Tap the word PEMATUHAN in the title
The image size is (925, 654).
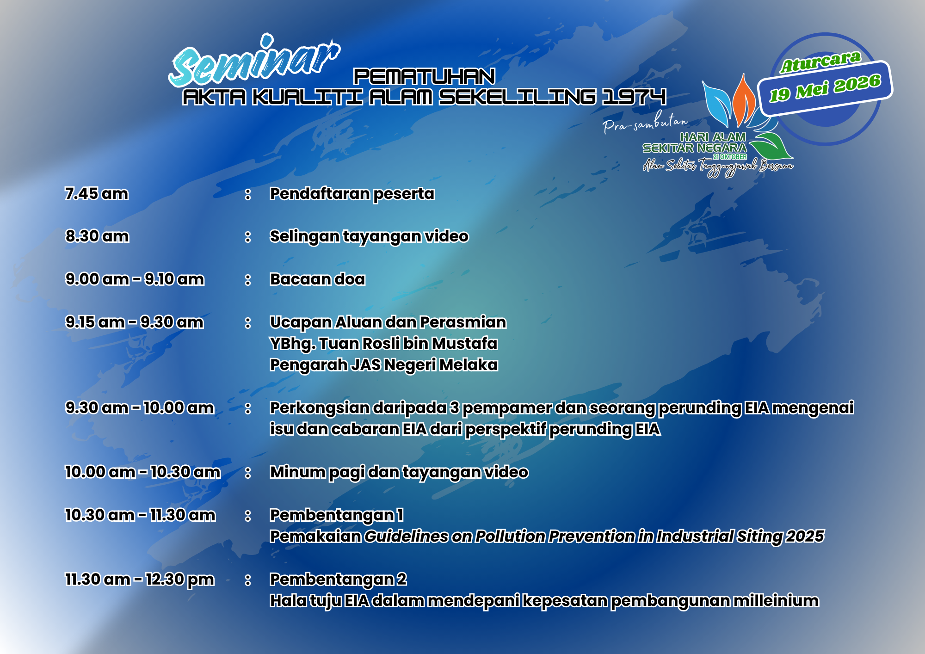pos(425,77)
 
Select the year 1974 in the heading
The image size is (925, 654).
pos(634,97)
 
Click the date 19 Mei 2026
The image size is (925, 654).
pos(825,87)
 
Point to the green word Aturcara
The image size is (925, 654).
pos(820,62)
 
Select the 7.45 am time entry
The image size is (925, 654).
pos(97,193)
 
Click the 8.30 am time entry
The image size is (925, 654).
pos(97,236)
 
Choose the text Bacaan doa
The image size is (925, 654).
pos(318,279)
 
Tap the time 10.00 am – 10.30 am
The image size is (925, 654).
pos(143,472)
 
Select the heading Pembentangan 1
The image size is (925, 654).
pos(337,515)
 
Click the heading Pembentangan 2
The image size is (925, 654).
pos(338,579)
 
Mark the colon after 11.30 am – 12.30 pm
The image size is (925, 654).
pos(248,580)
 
